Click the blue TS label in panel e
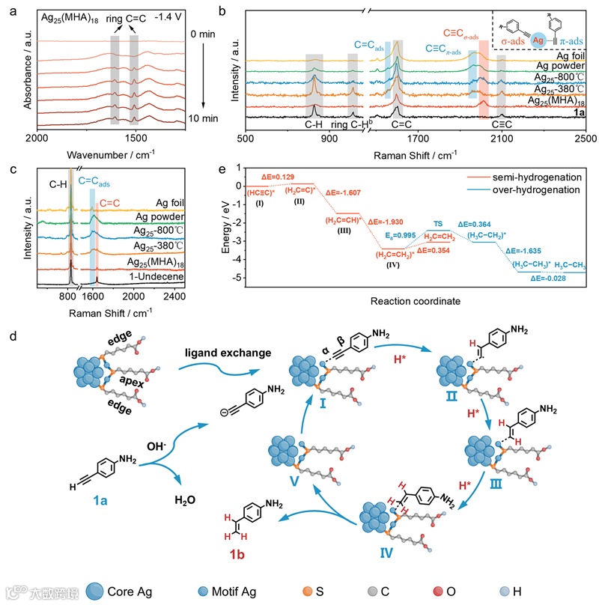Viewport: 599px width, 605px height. (438, 223)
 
